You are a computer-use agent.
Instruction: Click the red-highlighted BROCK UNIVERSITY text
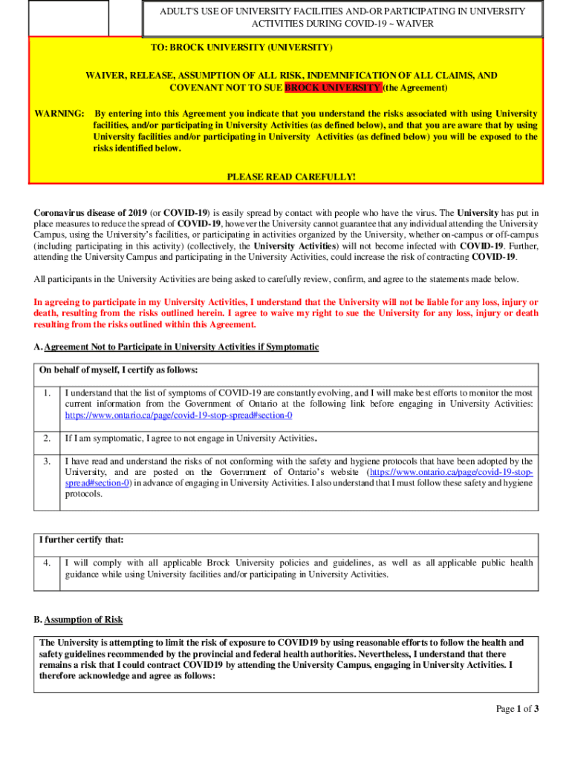[x=333, y=88]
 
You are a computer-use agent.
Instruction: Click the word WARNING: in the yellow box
[x=59, y=114]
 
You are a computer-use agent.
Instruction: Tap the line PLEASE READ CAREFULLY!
[x=290, y=177]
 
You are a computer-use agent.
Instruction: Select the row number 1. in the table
[x=47, y=393]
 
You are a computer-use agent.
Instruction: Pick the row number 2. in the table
[x=47, y=438]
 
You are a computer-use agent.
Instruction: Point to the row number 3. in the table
[x=47, y=462]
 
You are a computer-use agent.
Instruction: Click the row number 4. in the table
[x=47, y=563]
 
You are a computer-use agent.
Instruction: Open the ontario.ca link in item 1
[x=179, y=416]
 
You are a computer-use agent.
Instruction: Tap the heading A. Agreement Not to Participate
[x=176, y=347]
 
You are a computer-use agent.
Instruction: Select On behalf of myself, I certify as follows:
[x=118, y=370]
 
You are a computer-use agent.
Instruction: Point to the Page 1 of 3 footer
[x=517, y=709]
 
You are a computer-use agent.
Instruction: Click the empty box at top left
[x=68, y=18]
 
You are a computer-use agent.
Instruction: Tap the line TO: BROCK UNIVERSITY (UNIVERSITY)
[x=241, y=47]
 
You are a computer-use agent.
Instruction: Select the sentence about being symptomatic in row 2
[x=192, y=438]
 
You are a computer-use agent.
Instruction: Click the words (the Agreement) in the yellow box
[x=416, y=88]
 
